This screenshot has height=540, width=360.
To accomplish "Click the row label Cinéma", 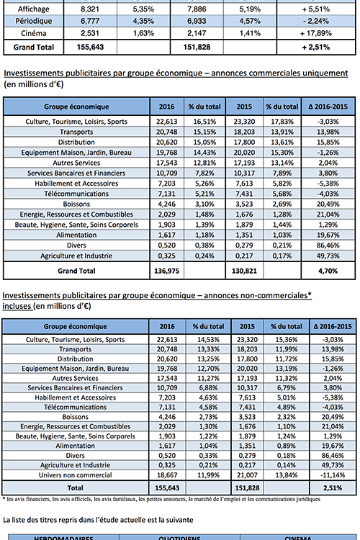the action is click(x=33, y=33).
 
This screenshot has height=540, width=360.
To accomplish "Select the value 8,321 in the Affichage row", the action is click(x=89, y=9).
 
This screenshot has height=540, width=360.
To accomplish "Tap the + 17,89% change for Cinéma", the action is click(x=315, y=33).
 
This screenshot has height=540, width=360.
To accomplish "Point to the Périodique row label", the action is click(x=33, y=21).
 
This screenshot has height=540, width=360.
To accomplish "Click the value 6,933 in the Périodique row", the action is click(x=197, y=21).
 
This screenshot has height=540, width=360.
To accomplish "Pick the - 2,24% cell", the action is click(x=316, y=21).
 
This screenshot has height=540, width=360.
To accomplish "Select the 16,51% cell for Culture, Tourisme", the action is click(x=204, y=122).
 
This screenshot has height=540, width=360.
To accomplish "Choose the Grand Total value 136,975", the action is click(x=167, y=271).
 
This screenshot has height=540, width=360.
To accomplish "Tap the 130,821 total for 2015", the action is click(x=244, y=271).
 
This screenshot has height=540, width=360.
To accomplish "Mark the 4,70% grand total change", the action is click(x=328, y=271).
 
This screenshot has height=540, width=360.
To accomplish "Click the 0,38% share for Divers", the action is click(x=204, y=246).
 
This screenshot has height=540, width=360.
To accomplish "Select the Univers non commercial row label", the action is click(x=75, y=475).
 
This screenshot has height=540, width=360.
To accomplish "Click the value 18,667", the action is click(x=167, y=475).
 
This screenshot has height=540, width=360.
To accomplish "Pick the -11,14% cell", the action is click(x=333, y=475).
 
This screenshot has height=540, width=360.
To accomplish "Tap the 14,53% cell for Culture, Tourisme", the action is click(x=208, y=340).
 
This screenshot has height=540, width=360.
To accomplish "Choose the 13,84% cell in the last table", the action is click(x=287, y=475).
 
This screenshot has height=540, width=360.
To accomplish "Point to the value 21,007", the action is click(x=247, y=475).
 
